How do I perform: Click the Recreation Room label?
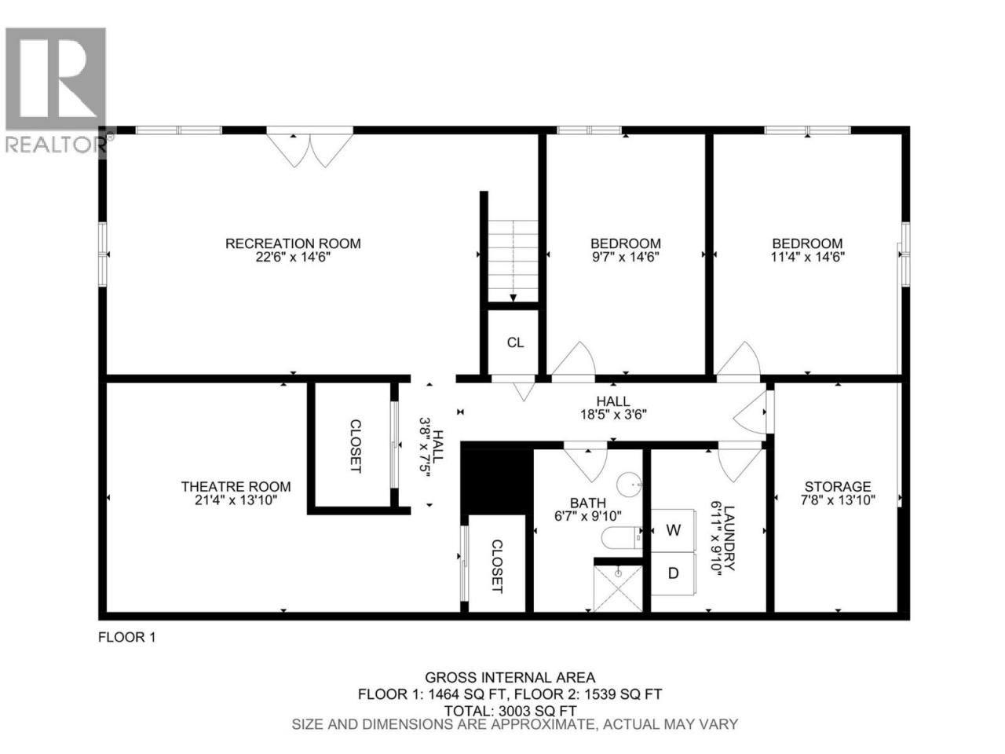(293, 243)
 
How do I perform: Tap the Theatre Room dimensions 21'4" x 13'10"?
(236, 500)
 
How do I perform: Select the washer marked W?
(673, 530)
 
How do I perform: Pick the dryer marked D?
(673, 573)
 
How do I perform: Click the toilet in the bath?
(621, 538)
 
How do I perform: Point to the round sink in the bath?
(629, 484)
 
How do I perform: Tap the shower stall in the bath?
(618, 588)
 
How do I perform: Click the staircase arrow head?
(513, 298)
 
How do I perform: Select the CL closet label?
(515, 342)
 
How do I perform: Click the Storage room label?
(838, 486)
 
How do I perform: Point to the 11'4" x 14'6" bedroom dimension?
(807, 257)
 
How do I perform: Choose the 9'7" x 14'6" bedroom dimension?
(626, 257)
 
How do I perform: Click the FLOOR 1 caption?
(127, 637)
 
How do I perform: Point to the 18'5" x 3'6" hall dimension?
(613, 415)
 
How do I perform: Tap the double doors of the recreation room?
(310, 148)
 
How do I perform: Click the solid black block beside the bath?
(497, 481)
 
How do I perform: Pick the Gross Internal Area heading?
(510, 677)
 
